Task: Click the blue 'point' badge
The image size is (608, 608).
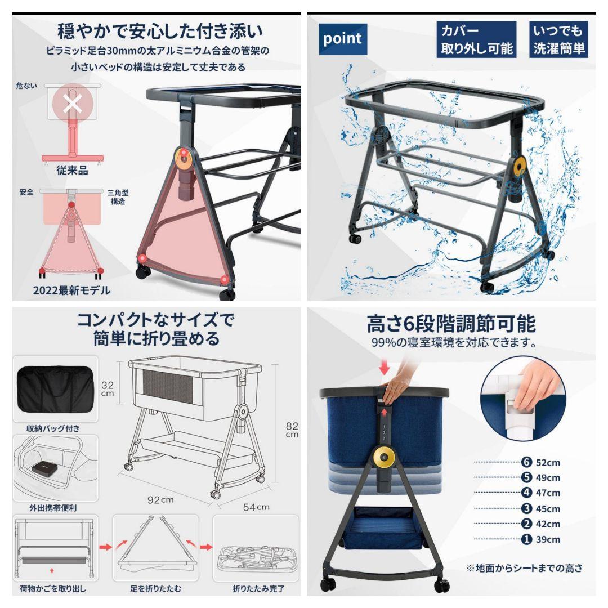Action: [x=342, y=39]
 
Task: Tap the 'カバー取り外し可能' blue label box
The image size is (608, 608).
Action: [x=476, y=39]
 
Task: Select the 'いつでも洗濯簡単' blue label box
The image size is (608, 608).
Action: [x=558, y=39]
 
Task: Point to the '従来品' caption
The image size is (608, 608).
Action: [x=72, y=171]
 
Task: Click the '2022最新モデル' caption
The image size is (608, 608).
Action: [x=71, y=291]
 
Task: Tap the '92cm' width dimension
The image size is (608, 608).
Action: [x=160, y=499]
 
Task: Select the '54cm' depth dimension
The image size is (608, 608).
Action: [x=256, y=507]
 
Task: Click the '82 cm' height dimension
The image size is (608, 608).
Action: [x=292, y=430]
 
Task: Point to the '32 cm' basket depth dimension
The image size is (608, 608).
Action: [x=108, y=389]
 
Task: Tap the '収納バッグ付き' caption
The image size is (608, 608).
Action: [x=54, y=428]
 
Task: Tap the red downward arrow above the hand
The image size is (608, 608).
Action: [x=385, y=368]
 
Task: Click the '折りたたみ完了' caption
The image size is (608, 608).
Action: [x=258, y=589]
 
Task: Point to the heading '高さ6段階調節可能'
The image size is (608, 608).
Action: [x=451, y=324]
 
